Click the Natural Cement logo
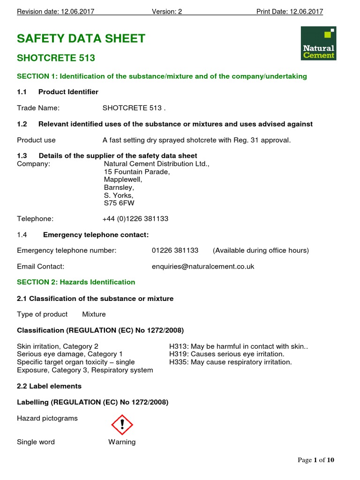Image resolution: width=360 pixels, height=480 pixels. (318, 43)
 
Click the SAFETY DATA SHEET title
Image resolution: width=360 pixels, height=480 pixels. (81, 38)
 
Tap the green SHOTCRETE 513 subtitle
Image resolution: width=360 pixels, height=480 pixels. (56, 58)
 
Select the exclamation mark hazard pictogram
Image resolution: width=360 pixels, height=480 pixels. (122, 425)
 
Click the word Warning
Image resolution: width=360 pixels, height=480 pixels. (122, 442)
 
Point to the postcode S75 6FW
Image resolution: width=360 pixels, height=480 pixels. (119, 203)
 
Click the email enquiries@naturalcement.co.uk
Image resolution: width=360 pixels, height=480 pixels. (203, 266)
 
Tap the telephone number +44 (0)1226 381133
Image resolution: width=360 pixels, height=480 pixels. (135, 218)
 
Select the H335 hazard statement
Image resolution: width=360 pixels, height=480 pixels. (230, 362)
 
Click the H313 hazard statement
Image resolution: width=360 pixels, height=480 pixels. (238, 346)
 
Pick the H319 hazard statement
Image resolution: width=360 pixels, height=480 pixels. (226, 354)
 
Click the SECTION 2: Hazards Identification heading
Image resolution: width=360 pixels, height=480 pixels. (76, 282)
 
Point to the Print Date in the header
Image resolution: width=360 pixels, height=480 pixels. (289, 12)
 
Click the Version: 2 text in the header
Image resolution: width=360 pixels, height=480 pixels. (167, 12)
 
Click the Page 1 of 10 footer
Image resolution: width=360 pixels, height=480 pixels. (316, 460)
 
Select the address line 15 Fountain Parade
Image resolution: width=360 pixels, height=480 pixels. (136, 172)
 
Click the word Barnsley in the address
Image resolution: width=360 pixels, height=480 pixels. (119, 187)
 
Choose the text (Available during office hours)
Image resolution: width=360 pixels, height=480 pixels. (261, 250)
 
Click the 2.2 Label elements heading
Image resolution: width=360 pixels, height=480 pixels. (49, 386)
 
